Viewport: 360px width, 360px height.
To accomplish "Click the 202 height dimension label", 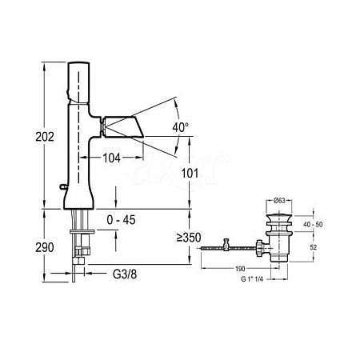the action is (45, 137).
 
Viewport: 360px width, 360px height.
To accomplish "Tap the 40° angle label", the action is (181, 127).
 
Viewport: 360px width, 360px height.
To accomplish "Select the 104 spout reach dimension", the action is (111, 158).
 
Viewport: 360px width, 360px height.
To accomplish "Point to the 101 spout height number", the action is (190, 174).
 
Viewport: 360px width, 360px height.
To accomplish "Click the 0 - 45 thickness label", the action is (121, 220).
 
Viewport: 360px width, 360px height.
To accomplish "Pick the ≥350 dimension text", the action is (189, 238).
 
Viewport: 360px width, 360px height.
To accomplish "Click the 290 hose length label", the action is (45, 247).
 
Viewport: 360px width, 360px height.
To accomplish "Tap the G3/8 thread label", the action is (125, 274).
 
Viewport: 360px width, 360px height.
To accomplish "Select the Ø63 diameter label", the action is (279, 201).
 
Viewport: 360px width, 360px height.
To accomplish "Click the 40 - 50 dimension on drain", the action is (313, 224).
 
